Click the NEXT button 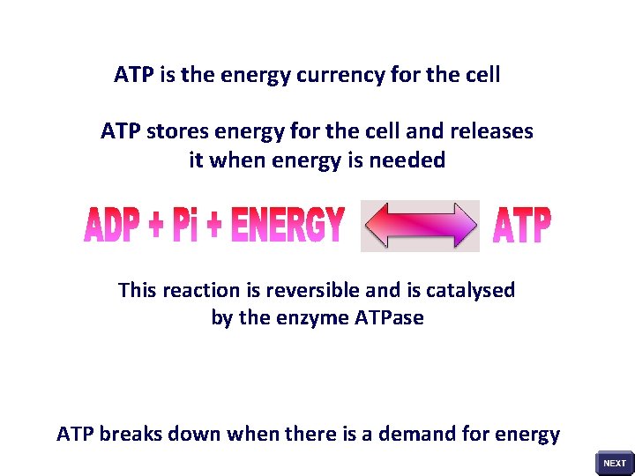point(615,463)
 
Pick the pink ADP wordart point(113,227)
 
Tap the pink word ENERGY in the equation point(287,226)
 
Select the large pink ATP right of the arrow point(521,227)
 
